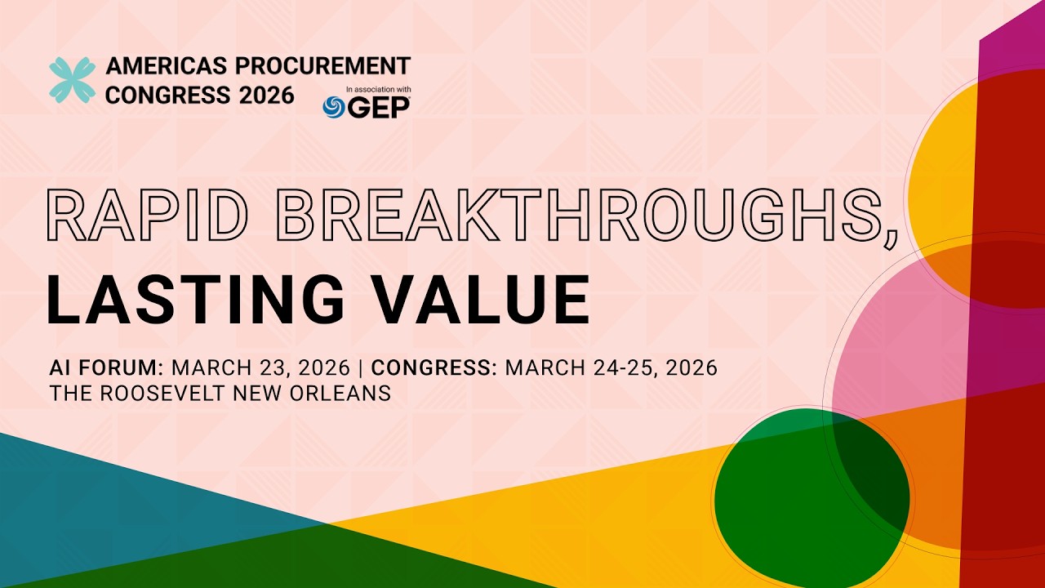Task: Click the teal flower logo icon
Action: click(72, 80)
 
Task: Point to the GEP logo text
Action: click(380, 107)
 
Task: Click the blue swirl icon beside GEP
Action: click(334, 107)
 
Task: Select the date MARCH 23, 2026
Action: click(260, 367)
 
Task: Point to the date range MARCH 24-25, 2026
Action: click(611, 367)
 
